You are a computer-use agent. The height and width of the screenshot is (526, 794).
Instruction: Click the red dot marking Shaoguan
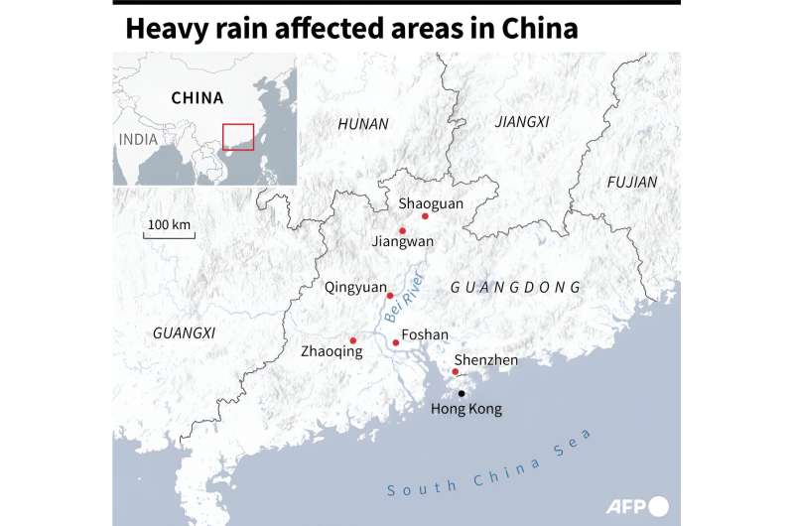click(425, 215)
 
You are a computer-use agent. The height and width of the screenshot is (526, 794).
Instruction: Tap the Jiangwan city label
click(402, 241)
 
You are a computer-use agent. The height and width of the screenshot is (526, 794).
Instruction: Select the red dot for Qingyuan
click(390, 295)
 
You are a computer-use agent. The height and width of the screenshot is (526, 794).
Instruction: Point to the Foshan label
click(425, 335)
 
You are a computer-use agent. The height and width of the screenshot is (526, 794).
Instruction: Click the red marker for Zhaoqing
click(353, 340)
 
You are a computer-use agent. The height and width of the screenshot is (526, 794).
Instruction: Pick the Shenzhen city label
click(485, 359)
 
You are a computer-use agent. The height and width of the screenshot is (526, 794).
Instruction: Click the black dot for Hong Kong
click(461, 393)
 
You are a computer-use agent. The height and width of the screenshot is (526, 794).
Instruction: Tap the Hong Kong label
click(466, 409)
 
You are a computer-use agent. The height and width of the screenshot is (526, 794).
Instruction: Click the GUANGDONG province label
click(515, 287)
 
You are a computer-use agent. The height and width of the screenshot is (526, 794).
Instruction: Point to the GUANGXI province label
click(184, 332)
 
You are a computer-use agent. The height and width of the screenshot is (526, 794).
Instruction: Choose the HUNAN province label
click(363, 124)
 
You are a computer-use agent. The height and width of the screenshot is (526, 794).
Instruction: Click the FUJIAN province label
click(632, 182)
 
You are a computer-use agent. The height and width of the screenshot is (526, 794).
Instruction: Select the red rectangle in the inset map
click(238, 136)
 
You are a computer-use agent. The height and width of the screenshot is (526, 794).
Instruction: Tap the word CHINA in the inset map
click(198, 98)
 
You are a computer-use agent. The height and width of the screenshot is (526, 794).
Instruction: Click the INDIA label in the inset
click(138, 139)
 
